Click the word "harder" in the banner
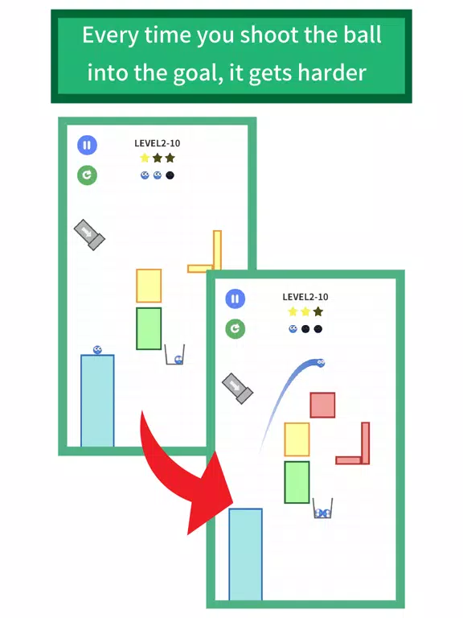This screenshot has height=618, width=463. (x=332, y=73)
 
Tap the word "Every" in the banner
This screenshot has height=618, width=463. (x=110, y=35)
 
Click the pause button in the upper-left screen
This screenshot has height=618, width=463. (x=87, y=145)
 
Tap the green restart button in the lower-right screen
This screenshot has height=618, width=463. (x=235, y=328)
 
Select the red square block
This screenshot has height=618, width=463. (x=322, y=405)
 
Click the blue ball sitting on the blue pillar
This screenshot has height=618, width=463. (x=97, y=349)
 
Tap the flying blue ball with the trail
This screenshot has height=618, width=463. (x=321, y=363)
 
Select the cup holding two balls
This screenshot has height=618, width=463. (x=323, y=509)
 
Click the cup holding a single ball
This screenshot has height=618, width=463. (x=174, y=355)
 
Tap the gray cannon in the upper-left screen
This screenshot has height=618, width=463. (x=89, y=235)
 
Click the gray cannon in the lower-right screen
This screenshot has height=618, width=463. (x=237, y=388)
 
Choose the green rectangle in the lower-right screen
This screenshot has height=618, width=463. (x=297, y=483)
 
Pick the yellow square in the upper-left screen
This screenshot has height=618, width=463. (x=149, y=286)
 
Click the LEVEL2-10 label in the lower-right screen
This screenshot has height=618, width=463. (x=305, y=297)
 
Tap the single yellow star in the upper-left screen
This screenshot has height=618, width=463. (x=145, y=158)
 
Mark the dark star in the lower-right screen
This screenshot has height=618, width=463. (x=318, y=311)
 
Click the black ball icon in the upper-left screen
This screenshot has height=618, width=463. (x=170, y=175)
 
